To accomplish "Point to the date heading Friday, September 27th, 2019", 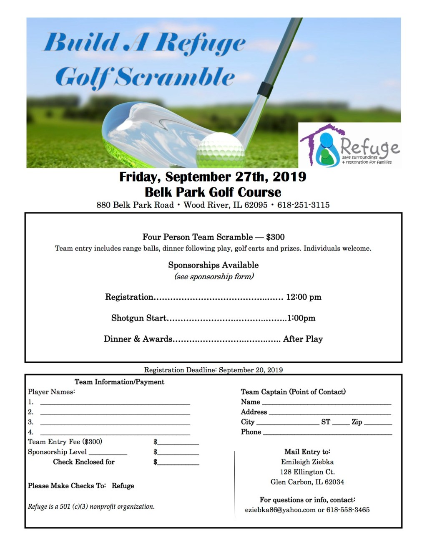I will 213,177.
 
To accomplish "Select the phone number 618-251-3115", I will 303,205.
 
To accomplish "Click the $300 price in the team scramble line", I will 275,237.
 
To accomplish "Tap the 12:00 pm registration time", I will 304,297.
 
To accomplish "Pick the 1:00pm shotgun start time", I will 301,318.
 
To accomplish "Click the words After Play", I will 303,339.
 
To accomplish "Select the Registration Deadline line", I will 213,370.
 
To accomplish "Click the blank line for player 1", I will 115,403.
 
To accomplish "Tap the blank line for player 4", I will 115,433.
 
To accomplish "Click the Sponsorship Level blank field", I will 108,453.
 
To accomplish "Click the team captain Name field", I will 326,403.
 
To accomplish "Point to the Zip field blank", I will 378,423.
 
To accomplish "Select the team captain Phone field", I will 327,433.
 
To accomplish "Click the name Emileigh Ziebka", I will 307,462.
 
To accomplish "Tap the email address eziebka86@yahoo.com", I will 280,510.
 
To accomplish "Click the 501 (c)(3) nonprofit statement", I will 91,507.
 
